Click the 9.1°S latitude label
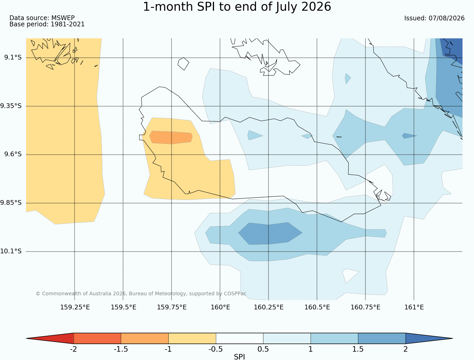coord(13,57)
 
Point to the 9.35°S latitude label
coord(11,106)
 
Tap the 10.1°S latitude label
coord(11,251)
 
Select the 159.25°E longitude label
coord(75,307)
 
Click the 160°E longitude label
coord(220,307)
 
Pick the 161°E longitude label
coord(414,307)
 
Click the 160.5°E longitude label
coord(317,307)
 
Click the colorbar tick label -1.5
coord(121,349)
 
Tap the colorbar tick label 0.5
coord(263,349)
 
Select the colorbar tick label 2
coord(405,349)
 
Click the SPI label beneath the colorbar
coord(239,357)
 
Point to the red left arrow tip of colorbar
coord(26,338)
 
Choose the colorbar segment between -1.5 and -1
coord(145,338)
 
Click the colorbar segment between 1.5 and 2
coord(382,338)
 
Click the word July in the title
coord(287,7)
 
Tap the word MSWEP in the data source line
coord(63,18)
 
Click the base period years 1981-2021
coord(68,24)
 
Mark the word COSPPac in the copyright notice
coord(235,293)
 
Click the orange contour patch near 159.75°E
coord(171,137)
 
